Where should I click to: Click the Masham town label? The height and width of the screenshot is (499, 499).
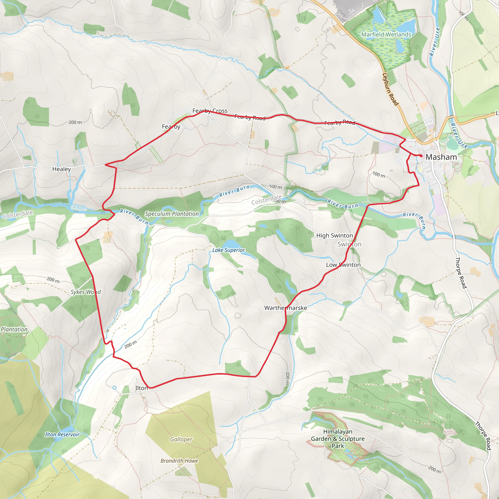coord(441,157)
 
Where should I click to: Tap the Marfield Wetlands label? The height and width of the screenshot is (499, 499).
coord(386,35)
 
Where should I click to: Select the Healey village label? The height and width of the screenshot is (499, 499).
coord(61,169)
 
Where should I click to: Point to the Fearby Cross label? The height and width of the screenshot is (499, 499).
coord(210,111)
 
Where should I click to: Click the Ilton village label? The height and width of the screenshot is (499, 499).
coord(141,388)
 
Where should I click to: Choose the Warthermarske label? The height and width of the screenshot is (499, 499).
coord(285,308)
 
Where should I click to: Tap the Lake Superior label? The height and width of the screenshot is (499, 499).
coord(228,250)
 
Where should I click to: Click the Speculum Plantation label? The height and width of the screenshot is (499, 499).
coord(172,214)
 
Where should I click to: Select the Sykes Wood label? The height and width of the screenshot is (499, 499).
coord(86,292)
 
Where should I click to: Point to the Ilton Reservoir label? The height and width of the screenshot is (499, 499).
coord(62,434)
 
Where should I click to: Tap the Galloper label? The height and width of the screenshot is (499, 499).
coord(181,439)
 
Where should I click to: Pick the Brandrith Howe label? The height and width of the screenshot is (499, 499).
coord(179,461)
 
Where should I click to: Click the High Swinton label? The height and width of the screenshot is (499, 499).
coord(335,236)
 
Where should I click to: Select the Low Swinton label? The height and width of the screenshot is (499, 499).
coord(343,265)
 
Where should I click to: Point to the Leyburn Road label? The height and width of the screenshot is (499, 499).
coord(390,89)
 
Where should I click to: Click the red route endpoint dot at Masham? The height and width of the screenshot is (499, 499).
coord(421,156)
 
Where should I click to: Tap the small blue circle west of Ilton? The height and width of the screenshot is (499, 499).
coord(115,388)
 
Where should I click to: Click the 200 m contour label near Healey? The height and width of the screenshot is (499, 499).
coord(75,122)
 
